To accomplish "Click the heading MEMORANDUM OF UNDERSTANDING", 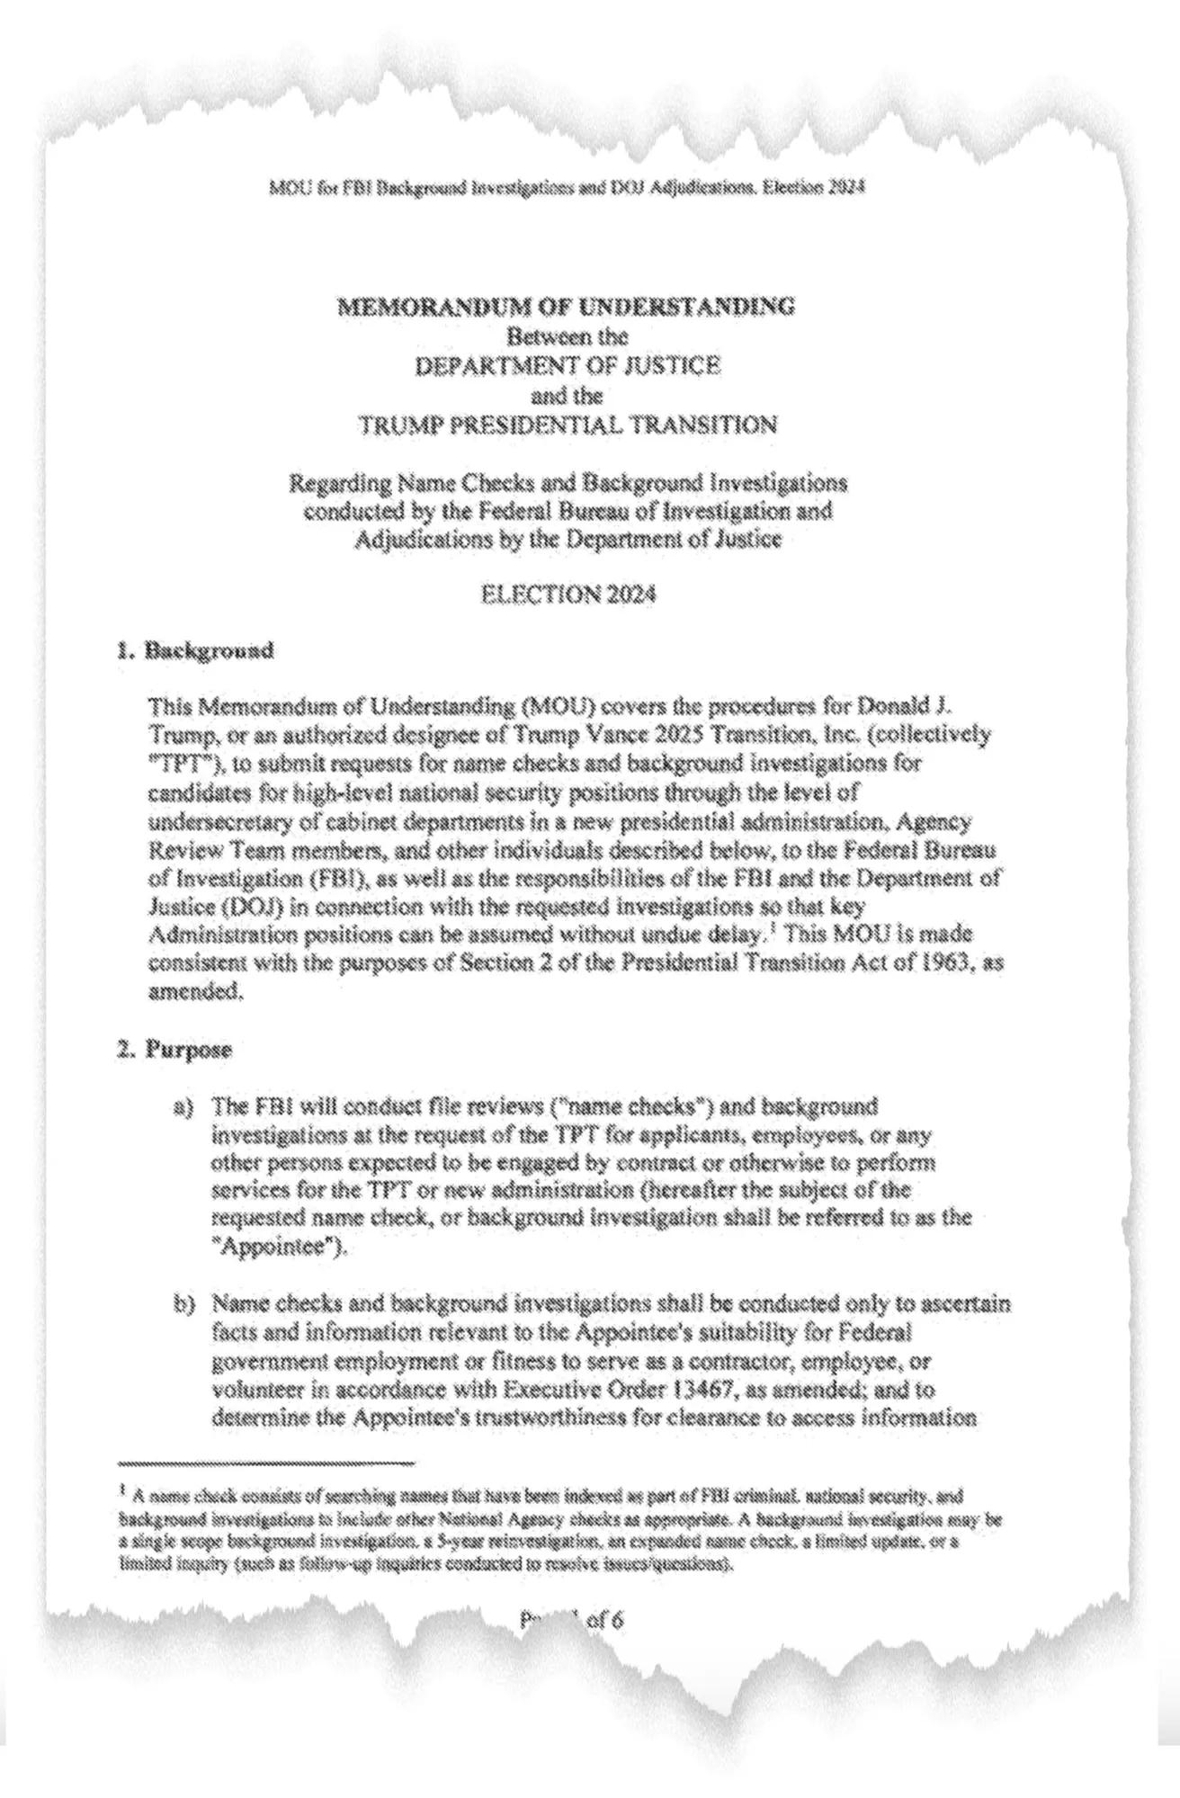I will click(566, 307).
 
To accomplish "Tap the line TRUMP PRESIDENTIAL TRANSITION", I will click(568, 425).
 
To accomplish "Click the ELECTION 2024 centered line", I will click(568, 595).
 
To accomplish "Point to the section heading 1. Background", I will click(194, 650).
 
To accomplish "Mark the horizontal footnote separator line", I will click(266, 1463).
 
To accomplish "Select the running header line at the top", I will click(567, 189).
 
